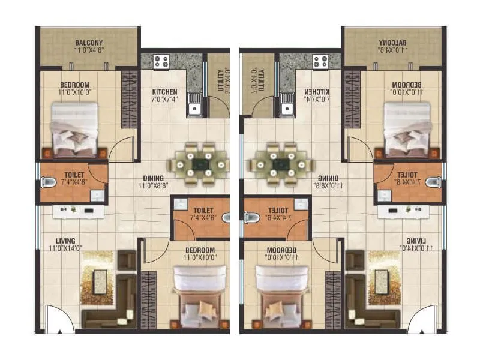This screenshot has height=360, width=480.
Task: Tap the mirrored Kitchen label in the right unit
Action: tap(315, 91)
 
